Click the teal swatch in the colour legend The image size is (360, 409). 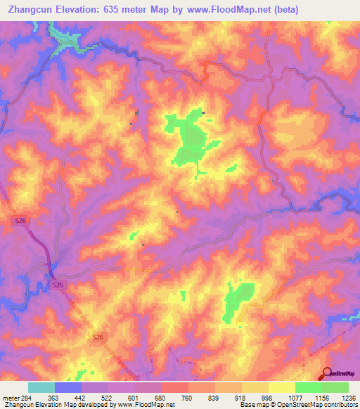click(41, 387)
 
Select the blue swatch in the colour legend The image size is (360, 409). click(68, 387)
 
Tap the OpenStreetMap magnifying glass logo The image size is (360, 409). click(328, 374)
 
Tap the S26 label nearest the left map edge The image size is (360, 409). click(21, 221)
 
